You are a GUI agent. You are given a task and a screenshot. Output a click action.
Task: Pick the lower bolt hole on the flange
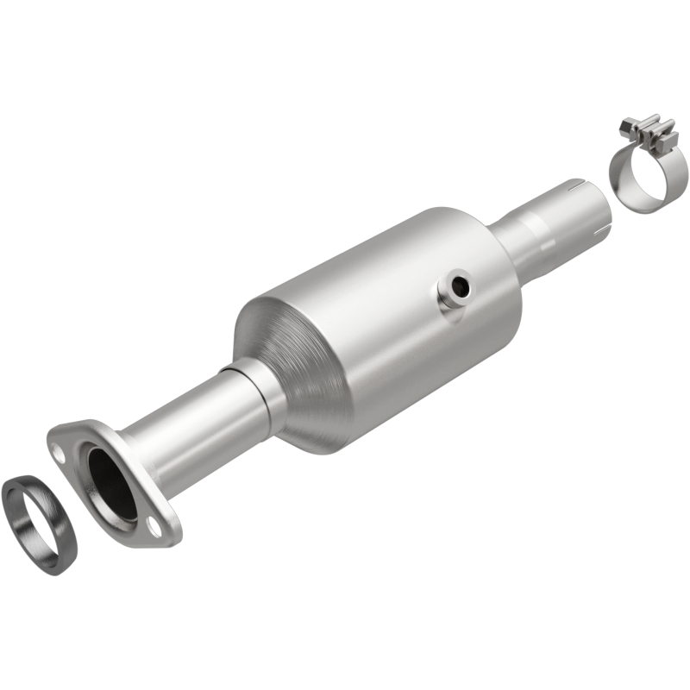click(154, 524)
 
